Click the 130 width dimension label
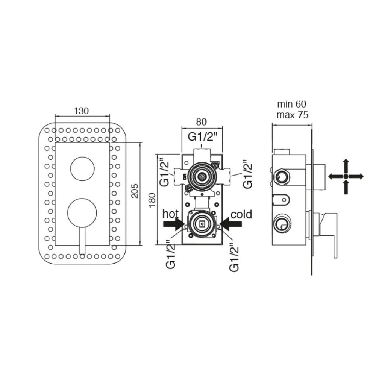pyautogui.click(x=81, y=111)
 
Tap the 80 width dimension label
pyautogui.click(x=201, y=122)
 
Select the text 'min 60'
pyautogui.click(x=292, y=104)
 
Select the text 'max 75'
pyautogui.click(x=292, y=115)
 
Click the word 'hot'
pyautogui.click(x=170, y=214)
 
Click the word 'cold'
pyautogui.click(x=241, y=214)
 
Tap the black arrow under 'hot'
pyautogui.click(x=174, y=224)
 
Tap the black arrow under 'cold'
pyautogui.click(x=231, y=224)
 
